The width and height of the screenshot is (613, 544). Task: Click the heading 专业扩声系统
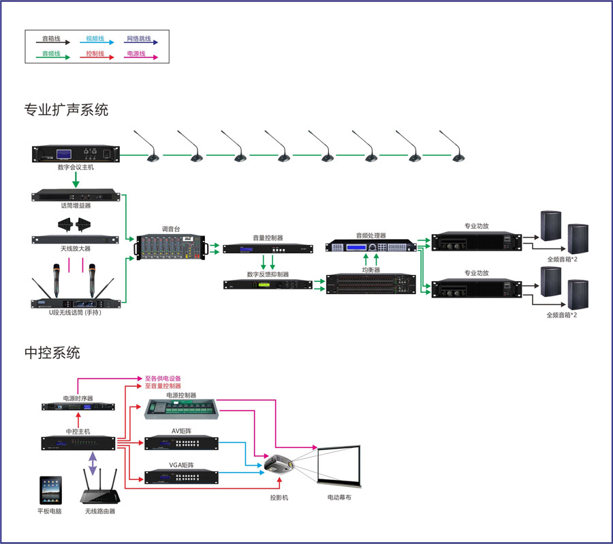[66, 110]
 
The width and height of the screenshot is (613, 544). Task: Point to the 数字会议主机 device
[76, 154]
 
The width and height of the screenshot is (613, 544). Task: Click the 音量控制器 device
[268, 249]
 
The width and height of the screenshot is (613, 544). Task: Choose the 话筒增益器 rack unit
[76, 196]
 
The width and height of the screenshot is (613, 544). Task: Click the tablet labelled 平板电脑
[52, 490]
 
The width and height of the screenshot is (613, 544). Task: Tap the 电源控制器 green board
[181, 409]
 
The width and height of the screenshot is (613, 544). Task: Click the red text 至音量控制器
[163, 386]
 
